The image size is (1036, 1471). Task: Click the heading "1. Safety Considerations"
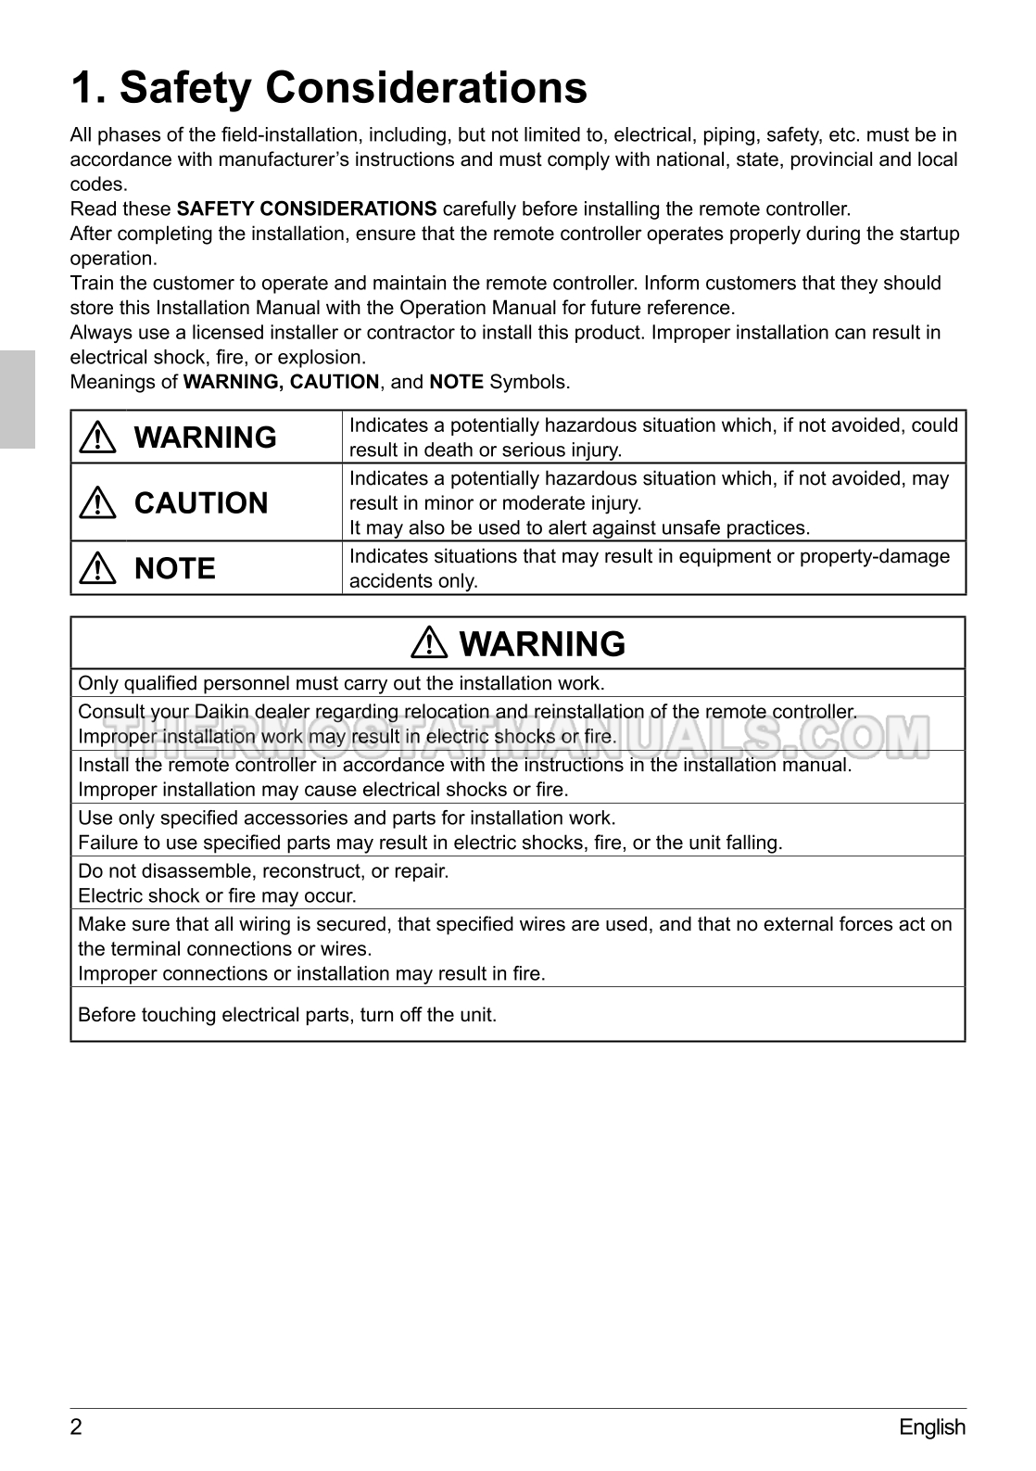click(x=329, y=89)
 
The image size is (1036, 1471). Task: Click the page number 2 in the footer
click(x=76, y=1427)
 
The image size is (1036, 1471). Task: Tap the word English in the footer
click(x=931, y=1427)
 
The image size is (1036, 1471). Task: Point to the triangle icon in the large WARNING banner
click(x=431, y=644)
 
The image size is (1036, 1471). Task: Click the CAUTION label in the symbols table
click(x=201, y=503)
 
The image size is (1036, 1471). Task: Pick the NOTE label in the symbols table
click(x=175, y=568)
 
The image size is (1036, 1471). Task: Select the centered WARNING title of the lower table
click(x=542, y=644)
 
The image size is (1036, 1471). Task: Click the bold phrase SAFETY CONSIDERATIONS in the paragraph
click(x=307, y=209)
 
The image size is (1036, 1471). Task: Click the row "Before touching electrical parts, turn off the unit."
click(x=287, y=1015)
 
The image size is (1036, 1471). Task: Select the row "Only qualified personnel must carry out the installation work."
click(x=341, y=684)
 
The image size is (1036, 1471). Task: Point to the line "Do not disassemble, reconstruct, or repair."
click(x=263, y=871)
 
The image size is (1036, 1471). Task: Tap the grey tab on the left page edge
click(x=17, y=399)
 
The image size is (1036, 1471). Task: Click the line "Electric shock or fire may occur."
click(x=217, y=896)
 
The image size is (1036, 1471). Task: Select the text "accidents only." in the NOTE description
click(x=413, y=581)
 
